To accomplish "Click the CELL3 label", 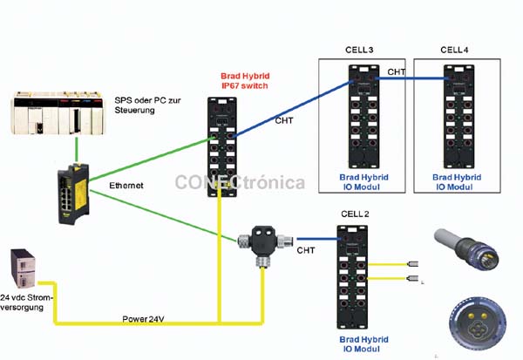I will pyautogui.click(x=359, y=50).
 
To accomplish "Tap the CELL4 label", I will pyautogui.click(x=453, y=50).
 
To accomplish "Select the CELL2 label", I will pyautogui.click(x=355, y=214).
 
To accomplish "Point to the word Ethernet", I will pyautogui.click(x=126, y=186).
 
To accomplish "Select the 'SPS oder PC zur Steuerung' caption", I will pyautogui.click(x=153, y=105).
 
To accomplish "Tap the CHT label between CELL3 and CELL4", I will pyautogui.click(x=397, y=71).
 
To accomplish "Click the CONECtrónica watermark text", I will pyautogui.click(x=240, y=182).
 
